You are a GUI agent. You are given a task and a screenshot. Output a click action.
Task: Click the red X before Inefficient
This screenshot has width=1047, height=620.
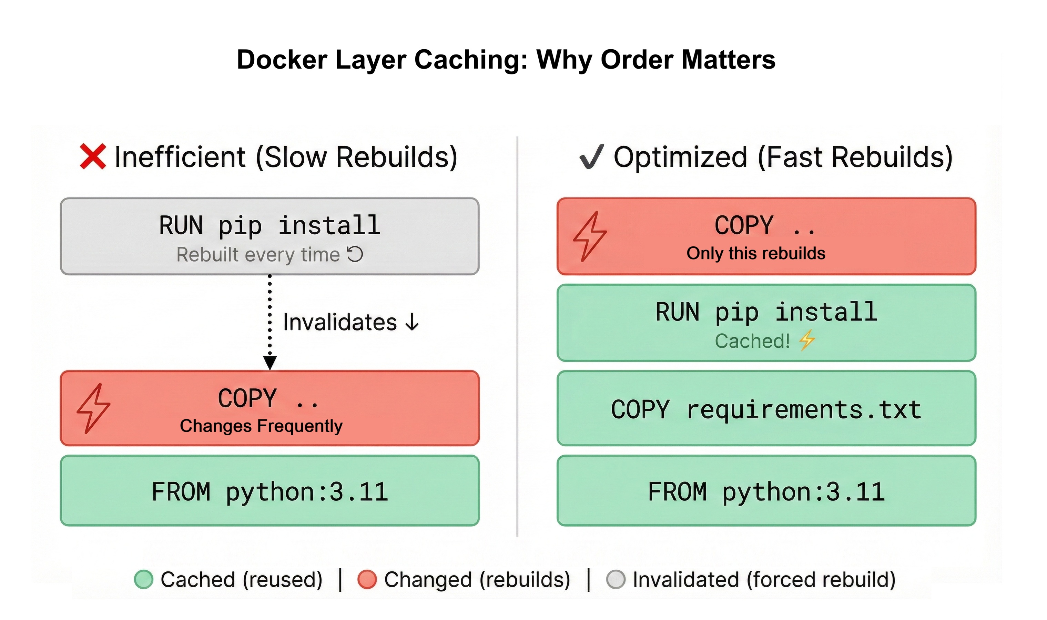click(92, 157)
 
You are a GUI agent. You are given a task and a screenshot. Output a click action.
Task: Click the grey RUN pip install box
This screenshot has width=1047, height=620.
click(270, 236)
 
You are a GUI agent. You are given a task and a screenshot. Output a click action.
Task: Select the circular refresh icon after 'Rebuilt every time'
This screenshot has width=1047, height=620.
click(355, 254)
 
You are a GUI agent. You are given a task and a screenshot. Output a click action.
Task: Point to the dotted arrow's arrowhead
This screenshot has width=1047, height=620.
click(270, 363)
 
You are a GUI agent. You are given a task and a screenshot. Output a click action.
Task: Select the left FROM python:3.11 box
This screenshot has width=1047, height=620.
click(270, 491)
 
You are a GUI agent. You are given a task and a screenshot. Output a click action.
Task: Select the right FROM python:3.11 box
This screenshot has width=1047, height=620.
click(766, 491)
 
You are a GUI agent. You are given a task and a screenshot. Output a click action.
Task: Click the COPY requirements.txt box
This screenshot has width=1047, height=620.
click(766, 409)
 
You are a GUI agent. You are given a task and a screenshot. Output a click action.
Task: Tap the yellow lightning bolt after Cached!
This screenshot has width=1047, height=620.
click(807, 340)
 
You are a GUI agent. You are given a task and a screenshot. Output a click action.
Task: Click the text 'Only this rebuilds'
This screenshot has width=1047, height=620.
click(756, 253)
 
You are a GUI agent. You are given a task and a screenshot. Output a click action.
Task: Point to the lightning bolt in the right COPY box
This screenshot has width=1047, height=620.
click(590, 236)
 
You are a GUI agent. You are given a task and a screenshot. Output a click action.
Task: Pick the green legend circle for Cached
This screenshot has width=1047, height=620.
click(144, 579)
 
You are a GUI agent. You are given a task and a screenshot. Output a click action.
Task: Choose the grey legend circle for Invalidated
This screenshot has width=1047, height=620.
click(616, 579)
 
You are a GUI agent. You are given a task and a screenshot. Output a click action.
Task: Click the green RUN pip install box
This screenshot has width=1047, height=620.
click(766, 323)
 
